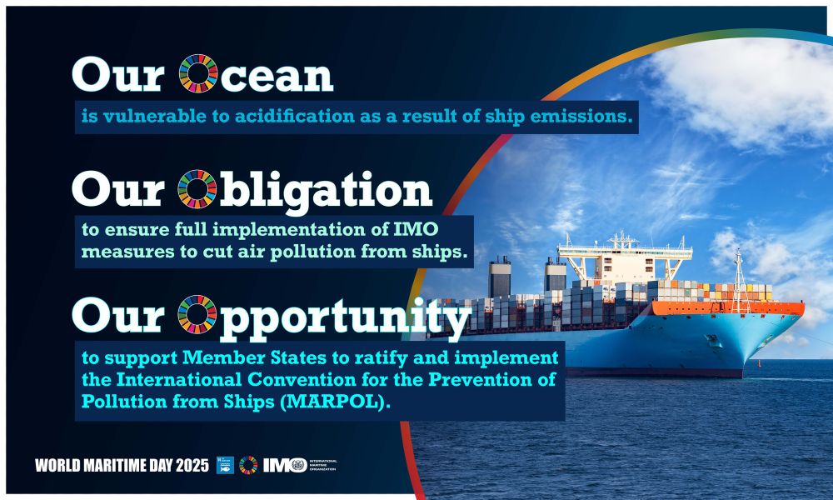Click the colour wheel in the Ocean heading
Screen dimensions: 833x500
point(198,73)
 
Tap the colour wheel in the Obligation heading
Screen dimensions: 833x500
point(197,189)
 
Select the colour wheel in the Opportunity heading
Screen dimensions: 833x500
point(197,314)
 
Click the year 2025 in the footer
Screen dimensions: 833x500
point(192,466)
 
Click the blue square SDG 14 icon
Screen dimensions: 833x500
point(225,465)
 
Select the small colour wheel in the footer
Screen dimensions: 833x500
point(248,465)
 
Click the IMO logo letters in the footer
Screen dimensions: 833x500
point(285,465)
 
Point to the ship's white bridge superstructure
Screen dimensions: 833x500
point(625,260)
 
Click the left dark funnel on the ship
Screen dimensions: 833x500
point(500,277)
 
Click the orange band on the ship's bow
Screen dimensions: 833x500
point(728,308)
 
